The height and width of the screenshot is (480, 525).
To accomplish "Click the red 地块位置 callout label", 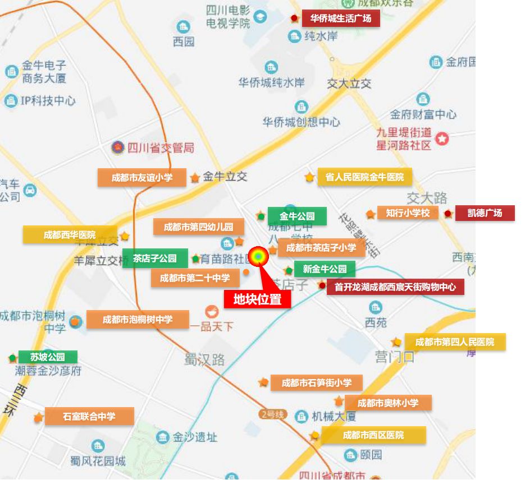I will [257, 299].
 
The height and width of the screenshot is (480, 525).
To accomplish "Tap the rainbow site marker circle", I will [258, 256].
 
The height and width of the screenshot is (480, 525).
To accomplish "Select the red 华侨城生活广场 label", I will [341, 18].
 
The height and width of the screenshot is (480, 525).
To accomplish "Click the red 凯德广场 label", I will [484, 213].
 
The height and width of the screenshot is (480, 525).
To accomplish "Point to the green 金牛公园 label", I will [296, 216].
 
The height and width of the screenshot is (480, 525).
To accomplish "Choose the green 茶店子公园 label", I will [155, 259].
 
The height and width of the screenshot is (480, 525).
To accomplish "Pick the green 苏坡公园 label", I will [48, 357].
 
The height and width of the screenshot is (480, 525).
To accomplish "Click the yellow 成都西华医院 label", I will [70, 235].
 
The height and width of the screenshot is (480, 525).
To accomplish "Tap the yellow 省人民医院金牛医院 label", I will [364, 177].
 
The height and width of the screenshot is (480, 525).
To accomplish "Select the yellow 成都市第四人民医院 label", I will [455, 341].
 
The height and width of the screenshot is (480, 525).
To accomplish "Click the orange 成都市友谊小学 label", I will [142, 177].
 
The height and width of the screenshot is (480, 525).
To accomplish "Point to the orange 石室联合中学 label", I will [89, 416].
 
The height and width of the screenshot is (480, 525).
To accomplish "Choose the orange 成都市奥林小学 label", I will [388, 403].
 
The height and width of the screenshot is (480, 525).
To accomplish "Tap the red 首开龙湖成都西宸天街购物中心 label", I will [395, 287].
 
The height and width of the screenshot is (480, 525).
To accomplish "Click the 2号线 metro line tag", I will [273, 414].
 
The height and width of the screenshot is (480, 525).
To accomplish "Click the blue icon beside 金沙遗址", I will [163, 437].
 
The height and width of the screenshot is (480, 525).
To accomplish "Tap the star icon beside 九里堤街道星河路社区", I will [442, 138].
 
